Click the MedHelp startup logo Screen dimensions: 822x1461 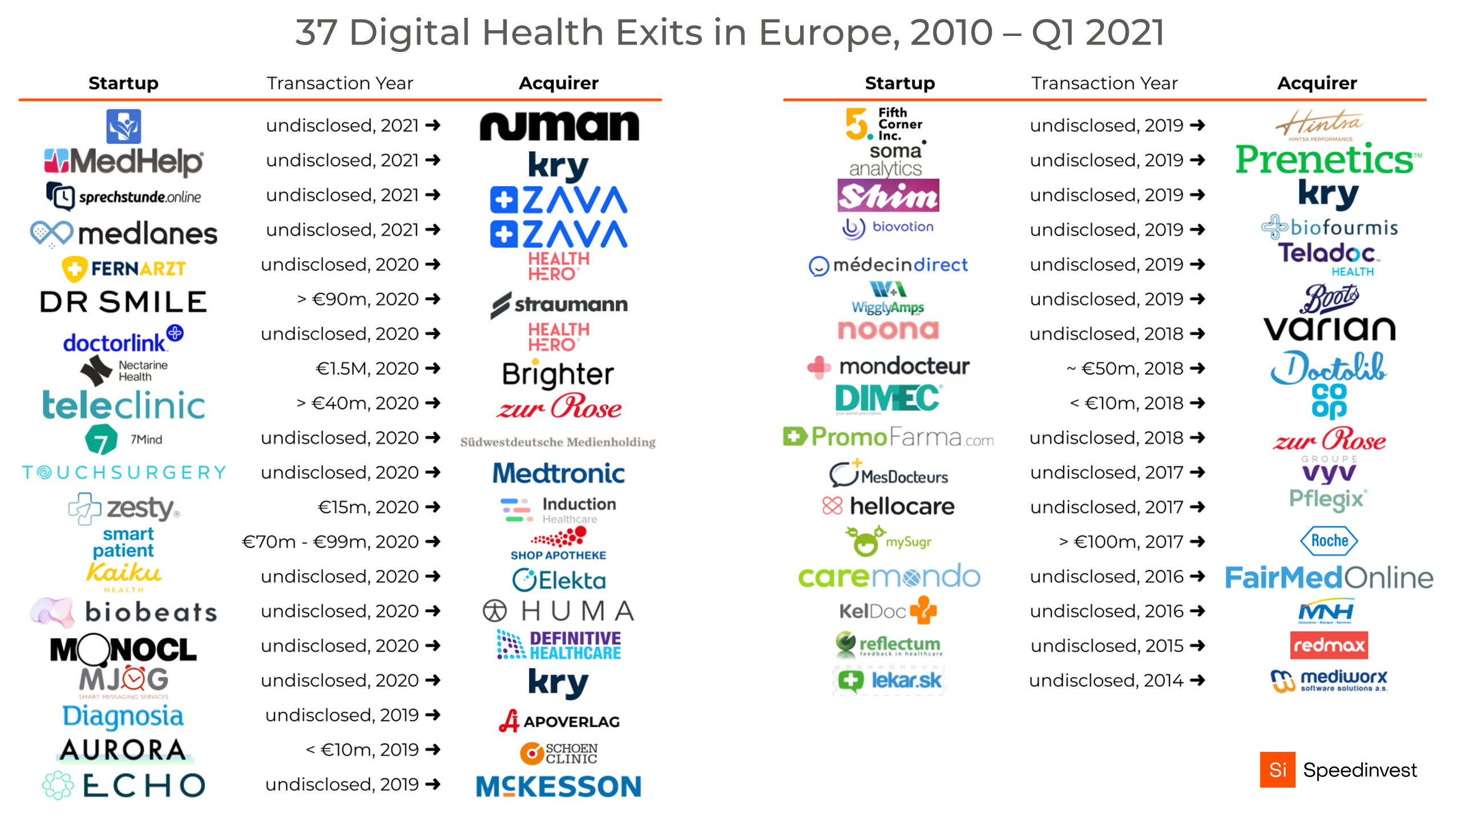point(123,162)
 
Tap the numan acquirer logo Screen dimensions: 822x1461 point(559,126)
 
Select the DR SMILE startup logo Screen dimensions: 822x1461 point(123,301)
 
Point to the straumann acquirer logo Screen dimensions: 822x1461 point(559,304)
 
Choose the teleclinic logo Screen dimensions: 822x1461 point(123,405)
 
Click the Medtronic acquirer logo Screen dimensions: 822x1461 point(559,473)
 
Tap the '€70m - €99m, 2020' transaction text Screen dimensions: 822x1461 point(330,542)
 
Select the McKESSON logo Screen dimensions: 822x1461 point(559,786)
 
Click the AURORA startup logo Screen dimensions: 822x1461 point(123,750)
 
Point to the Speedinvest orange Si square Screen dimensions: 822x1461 point(1277,769)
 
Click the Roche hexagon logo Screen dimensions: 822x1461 point(1329,541)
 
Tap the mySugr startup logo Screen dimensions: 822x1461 point(888,541)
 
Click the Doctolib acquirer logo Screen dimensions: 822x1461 point(1329,368)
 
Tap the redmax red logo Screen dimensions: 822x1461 point(1329,646)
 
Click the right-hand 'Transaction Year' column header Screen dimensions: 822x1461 point(1104,83)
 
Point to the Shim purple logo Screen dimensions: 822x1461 point(888,196)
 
